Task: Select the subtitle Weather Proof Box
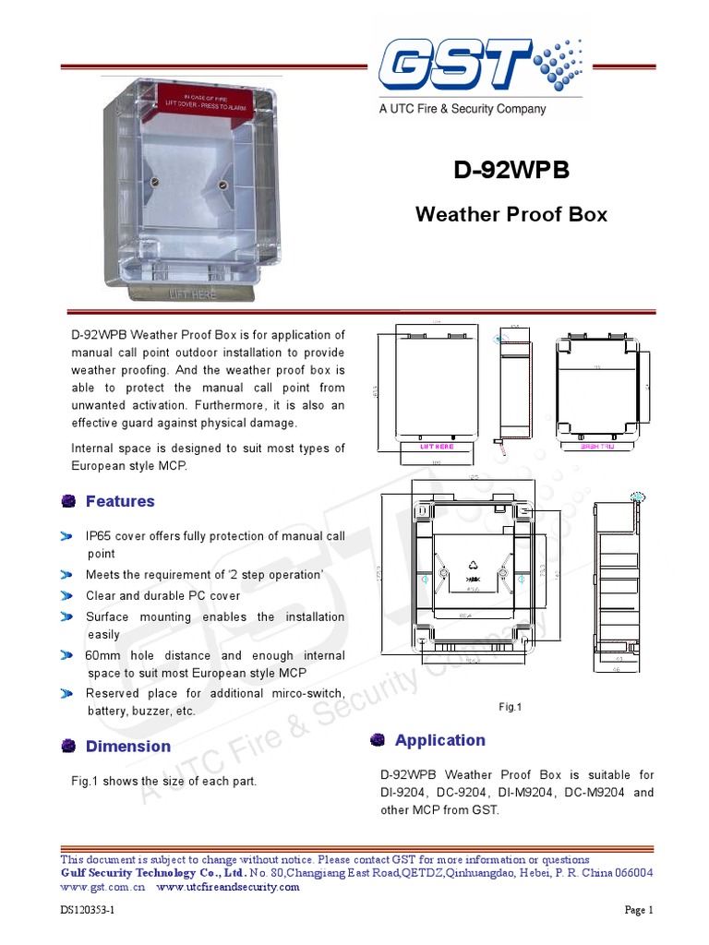511,214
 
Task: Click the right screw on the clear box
222,185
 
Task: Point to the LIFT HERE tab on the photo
193,294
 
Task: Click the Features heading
120,501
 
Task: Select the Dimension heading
127,746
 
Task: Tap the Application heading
439,740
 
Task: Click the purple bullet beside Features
68,501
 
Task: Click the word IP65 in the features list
101,536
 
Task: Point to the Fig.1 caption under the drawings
511,707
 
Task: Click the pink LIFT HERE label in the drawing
438,446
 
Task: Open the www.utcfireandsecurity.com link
228,887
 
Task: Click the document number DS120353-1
88,910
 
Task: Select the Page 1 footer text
639,910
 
